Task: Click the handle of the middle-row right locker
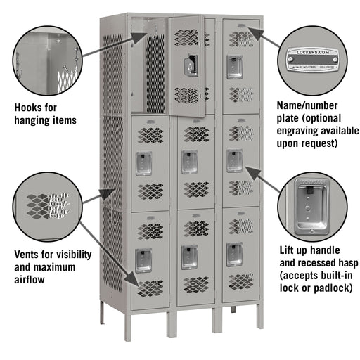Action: pos(234,160)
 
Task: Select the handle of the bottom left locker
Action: pos(143,257)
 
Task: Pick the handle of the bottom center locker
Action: pos(188,255)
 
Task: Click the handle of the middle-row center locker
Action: pos(188,161)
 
